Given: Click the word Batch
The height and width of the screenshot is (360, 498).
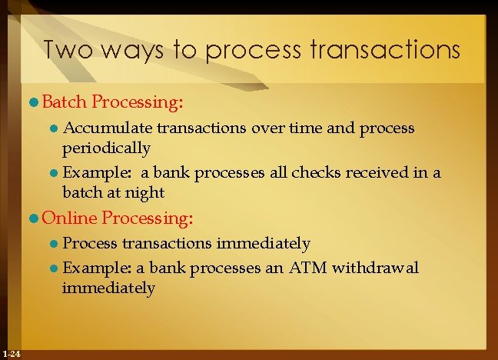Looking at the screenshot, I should pos(65,101).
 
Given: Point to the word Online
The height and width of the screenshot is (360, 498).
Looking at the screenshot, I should pos(68,218).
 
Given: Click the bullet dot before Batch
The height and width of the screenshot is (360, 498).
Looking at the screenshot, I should pos(35,102).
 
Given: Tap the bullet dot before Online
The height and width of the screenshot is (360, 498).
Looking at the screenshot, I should pos(35,219).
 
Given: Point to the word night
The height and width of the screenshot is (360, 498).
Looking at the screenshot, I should pos(146,192).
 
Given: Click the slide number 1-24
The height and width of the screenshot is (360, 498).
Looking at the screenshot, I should pos(12,353).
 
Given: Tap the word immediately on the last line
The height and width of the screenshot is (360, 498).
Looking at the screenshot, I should pos(108,288).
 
